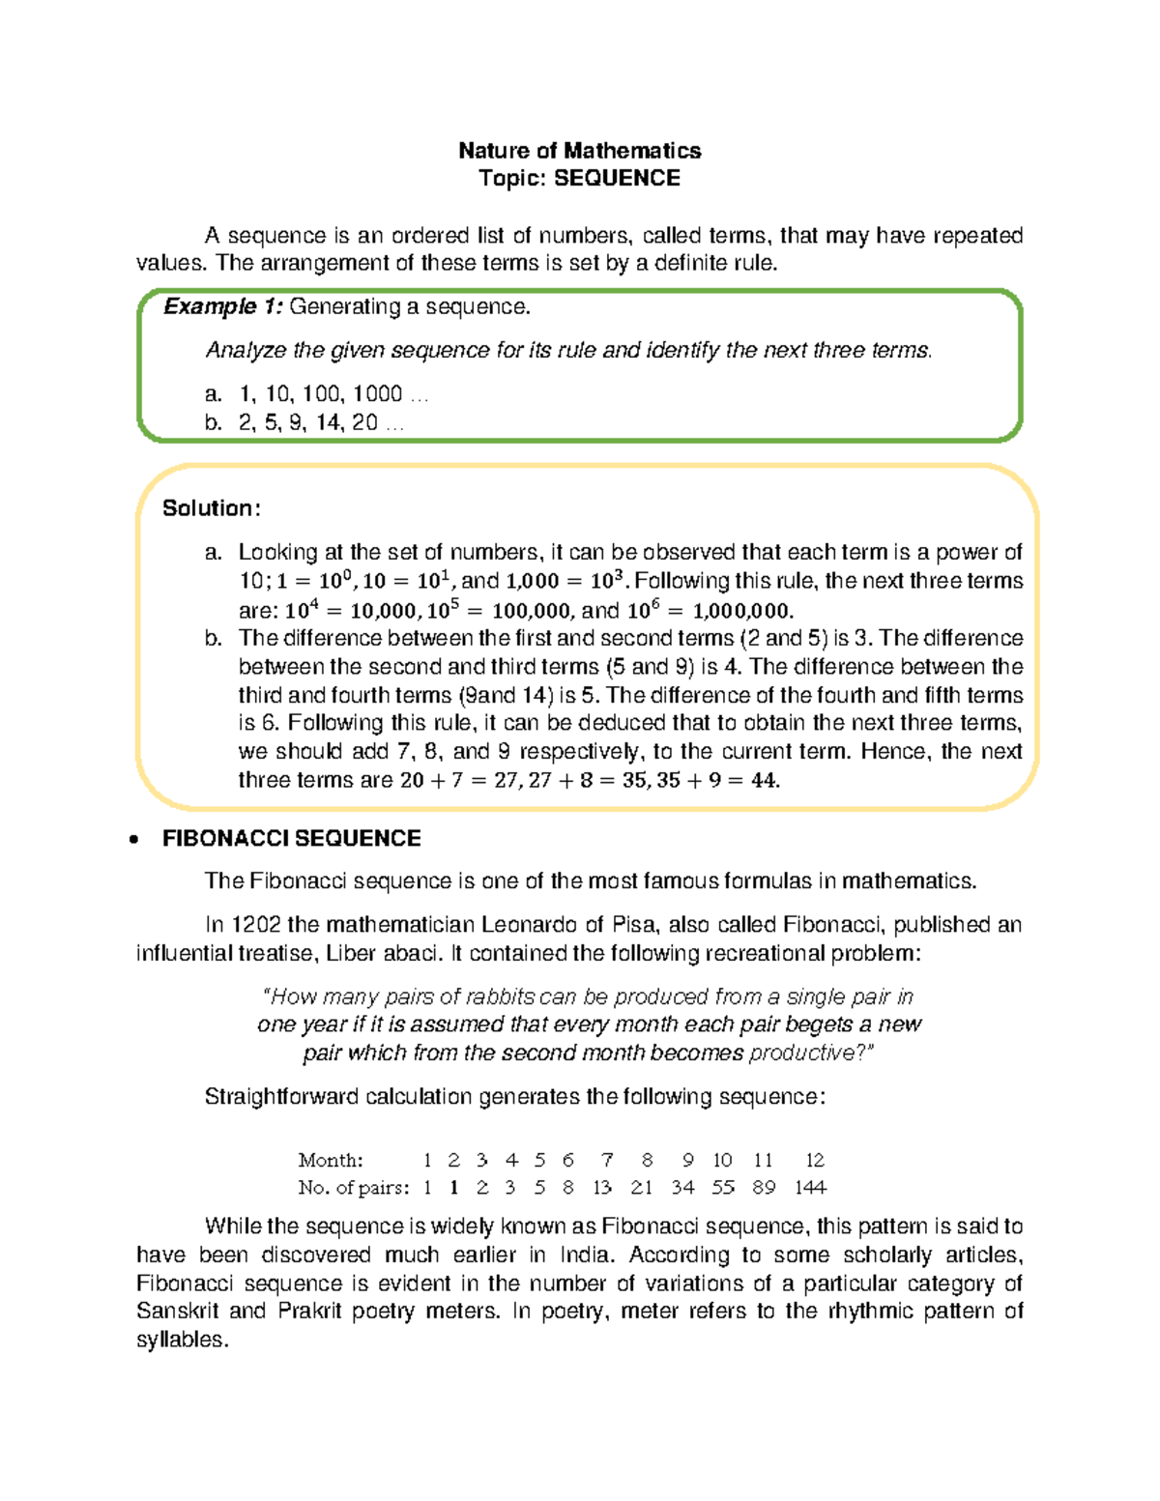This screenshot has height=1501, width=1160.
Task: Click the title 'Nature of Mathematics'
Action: point(579,151)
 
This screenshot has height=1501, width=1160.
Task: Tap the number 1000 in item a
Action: point(377,394)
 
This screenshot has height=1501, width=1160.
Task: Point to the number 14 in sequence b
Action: point(329,422)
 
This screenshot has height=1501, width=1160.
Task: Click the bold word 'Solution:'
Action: point(211,508)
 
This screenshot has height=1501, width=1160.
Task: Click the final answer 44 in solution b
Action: point(764,781)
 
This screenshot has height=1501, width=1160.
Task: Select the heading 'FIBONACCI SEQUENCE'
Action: point(291,839)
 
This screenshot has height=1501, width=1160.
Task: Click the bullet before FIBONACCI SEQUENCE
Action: point(134,840)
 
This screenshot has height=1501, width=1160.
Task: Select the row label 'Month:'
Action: point(331,1160)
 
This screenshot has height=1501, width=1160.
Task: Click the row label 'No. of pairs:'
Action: point(353,1188)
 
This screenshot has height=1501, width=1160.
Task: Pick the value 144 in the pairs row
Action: point(810,1188)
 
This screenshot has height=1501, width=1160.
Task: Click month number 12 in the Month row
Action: point(815,1160)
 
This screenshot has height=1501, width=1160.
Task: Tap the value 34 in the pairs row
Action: point(682,1188)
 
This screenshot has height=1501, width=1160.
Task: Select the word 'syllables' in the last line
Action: point(181,1341)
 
